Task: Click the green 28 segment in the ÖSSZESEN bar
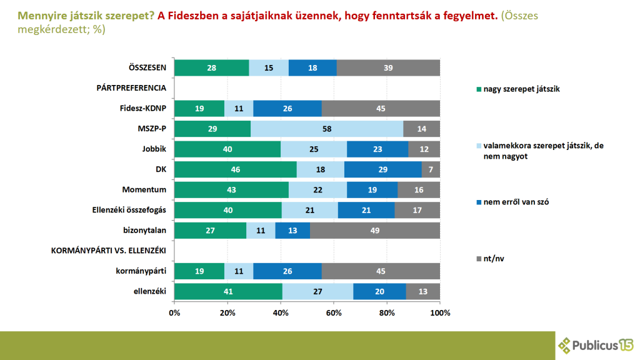211,67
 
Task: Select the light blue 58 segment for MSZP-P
326,129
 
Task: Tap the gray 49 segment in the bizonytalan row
375,230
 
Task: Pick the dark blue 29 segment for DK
382,169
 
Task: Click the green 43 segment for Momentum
231,189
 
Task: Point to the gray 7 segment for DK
431,169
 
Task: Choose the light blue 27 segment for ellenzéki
317,291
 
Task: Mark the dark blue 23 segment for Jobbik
377,149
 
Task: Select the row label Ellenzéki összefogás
125,210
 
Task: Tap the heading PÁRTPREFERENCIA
131,88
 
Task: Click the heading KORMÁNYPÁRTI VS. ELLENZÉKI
107,251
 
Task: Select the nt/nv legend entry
494,257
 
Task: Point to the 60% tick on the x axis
334,312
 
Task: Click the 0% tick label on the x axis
174,312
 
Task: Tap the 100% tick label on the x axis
440,312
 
